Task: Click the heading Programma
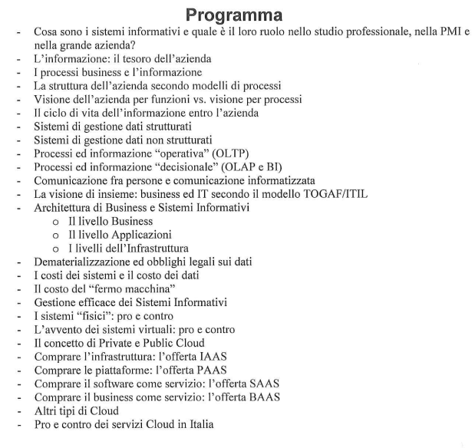coord(237,15)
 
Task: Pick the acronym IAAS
coord(234,357)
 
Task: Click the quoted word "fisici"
coord(89,316)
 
